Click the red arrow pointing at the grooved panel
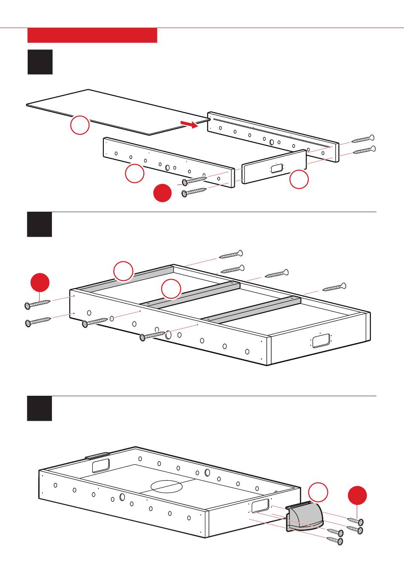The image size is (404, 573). [189, 124]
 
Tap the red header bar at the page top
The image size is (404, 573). [92, 35]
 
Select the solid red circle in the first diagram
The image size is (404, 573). [162, 193]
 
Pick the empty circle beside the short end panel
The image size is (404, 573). [299, 179]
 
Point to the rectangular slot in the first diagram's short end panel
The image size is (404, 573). [276, 168]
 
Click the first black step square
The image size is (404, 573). [40, 62]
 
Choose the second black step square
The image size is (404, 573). [40, 224]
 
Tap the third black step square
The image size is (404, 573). [40, 408]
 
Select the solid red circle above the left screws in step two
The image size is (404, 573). [40, 283]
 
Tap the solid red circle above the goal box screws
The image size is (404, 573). [357, 496]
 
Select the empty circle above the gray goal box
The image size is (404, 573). [318, 492]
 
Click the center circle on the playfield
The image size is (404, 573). [166, 487]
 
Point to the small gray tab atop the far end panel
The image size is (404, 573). [97, 455]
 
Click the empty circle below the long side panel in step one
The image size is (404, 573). [135, 173]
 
